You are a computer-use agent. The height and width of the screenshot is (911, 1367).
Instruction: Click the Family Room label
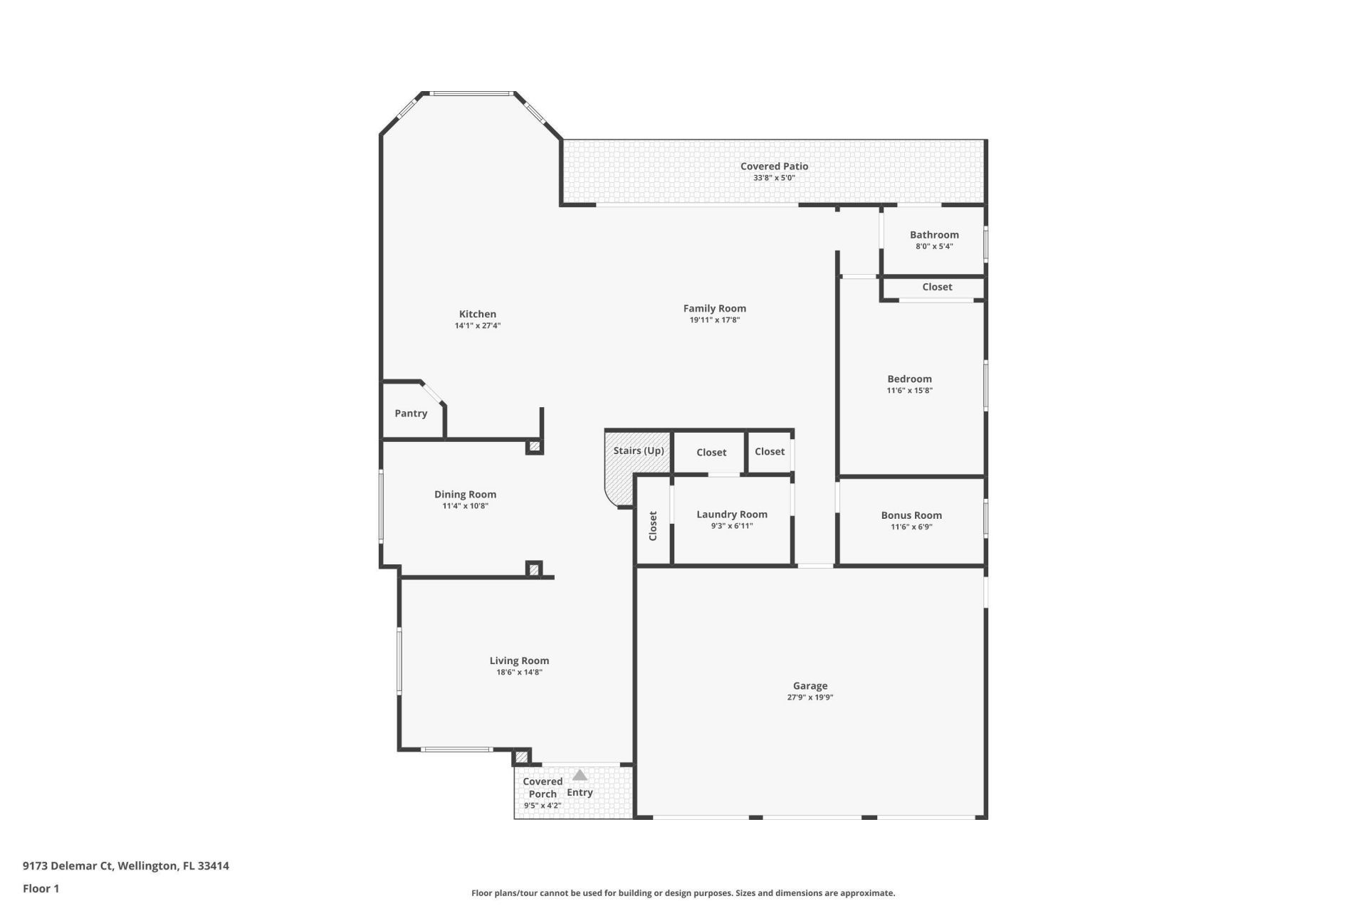pyautogui.click(x=714, y=308)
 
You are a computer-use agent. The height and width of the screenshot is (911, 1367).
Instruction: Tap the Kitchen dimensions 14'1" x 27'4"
pyautogui.click(x=478, y=326)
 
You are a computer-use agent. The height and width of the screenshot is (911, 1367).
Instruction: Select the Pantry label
pyautogui.click(x=411, y=414)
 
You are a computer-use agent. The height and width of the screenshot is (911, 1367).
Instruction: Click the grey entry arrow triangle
pyautogui.click(x=580, y=775)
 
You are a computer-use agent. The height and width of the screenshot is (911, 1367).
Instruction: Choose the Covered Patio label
pyautogui.click(x=774, y=167)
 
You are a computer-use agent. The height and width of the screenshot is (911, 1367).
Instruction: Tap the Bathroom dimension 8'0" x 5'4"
pyautogui.click(x=934, y=247)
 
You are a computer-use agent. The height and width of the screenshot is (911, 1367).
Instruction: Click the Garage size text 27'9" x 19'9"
pyautogui.click(x=810, y=697)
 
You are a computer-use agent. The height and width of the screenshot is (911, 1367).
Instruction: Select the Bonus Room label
pyautogui.click(x=911, y=515)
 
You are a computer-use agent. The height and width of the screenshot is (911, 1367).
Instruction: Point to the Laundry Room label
pyautogui.click(x=732, y=515)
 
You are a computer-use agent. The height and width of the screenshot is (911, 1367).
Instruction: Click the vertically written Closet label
pyautogui.click(x=653, y=526)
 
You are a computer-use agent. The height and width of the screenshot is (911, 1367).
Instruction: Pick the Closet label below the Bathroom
pyautogui.click(x=937, y=287)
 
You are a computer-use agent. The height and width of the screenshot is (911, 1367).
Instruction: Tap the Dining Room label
pyautogui.click(x=465, y=495)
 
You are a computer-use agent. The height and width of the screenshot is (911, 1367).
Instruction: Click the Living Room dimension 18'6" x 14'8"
pyautogui.click(x=519, y=673)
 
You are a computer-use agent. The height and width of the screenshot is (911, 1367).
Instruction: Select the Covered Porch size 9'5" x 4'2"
pyautogui.click(x=543, y=806)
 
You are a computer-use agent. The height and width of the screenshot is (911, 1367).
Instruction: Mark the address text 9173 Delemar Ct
pyautogui.click(x=68, y=866)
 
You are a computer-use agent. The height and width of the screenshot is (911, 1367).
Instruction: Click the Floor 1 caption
pyautogui.click(x=41, y=888)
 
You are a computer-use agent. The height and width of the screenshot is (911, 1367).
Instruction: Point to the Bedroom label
pyautogui.click(x=909, y=379)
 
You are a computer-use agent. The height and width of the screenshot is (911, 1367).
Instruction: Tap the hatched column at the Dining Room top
pyautogui.click(x=534, y=447)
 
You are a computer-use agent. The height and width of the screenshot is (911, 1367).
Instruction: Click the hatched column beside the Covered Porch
pyautogui.click(x=522, y=757)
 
